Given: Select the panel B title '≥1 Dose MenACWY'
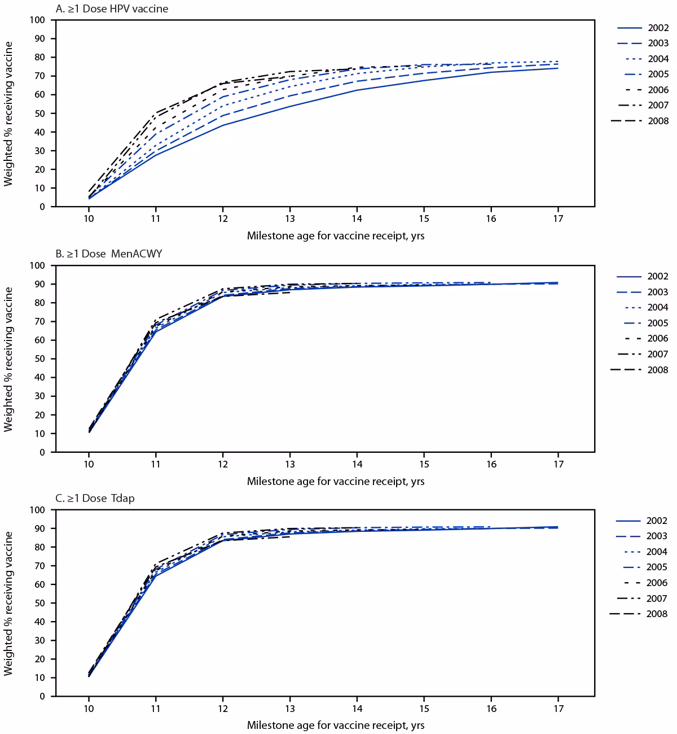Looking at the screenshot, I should pyautogui.click(x=109, y=254).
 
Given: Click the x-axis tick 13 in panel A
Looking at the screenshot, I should pyautogui.click(x=289, y=219).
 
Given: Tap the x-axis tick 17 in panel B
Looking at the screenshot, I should pyautogui.click(x=558, y=464).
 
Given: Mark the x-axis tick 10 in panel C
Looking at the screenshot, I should pyautogui.click(x=89, y=708).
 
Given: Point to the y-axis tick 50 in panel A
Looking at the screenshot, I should pyautogui.click(x=39, y=113).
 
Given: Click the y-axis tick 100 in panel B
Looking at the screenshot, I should pyautogui.click(x=37, y=265).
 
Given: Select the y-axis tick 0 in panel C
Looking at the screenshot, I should pyautogui.click(x=42, y=697).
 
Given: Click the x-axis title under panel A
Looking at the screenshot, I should pyautogui.click(x=335, y=236).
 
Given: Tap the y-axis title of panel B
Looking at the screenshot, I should pyautogui.click(x=8, y=359).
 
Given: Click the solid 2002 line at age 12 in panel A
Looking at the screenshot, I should pyautogui.click(x=223, y=125).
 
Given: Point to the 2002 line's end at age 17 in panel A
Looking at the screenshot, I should pyautogui.click(x=557, y=68).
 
